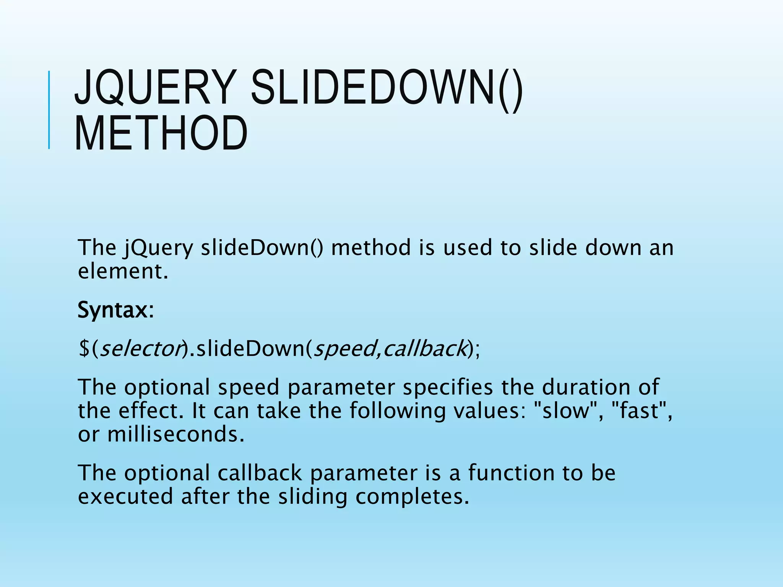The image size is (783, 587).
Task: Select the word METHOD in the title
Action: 161,133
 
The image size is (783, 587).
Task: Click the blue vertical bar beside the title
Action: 49,110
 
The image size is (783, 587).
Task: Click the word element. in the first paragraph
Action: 123,271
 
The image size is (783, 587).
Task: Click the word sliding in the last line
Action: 312,497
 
